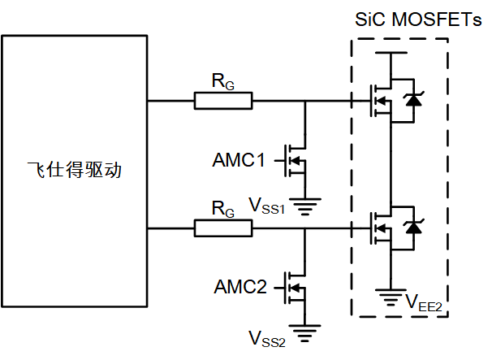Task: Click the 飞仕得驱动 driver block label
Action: (75, 171)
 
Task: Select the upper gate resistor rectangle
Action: (223, 101)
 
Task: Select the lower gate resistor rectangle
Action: (223, 229)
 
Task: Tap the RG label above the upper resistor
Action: (222, 81)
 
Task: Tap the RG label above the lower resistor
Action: (222, 210)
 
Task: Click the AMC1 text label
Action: (240, 160)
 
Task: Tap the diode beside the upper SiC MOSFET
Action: (414, 101)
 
